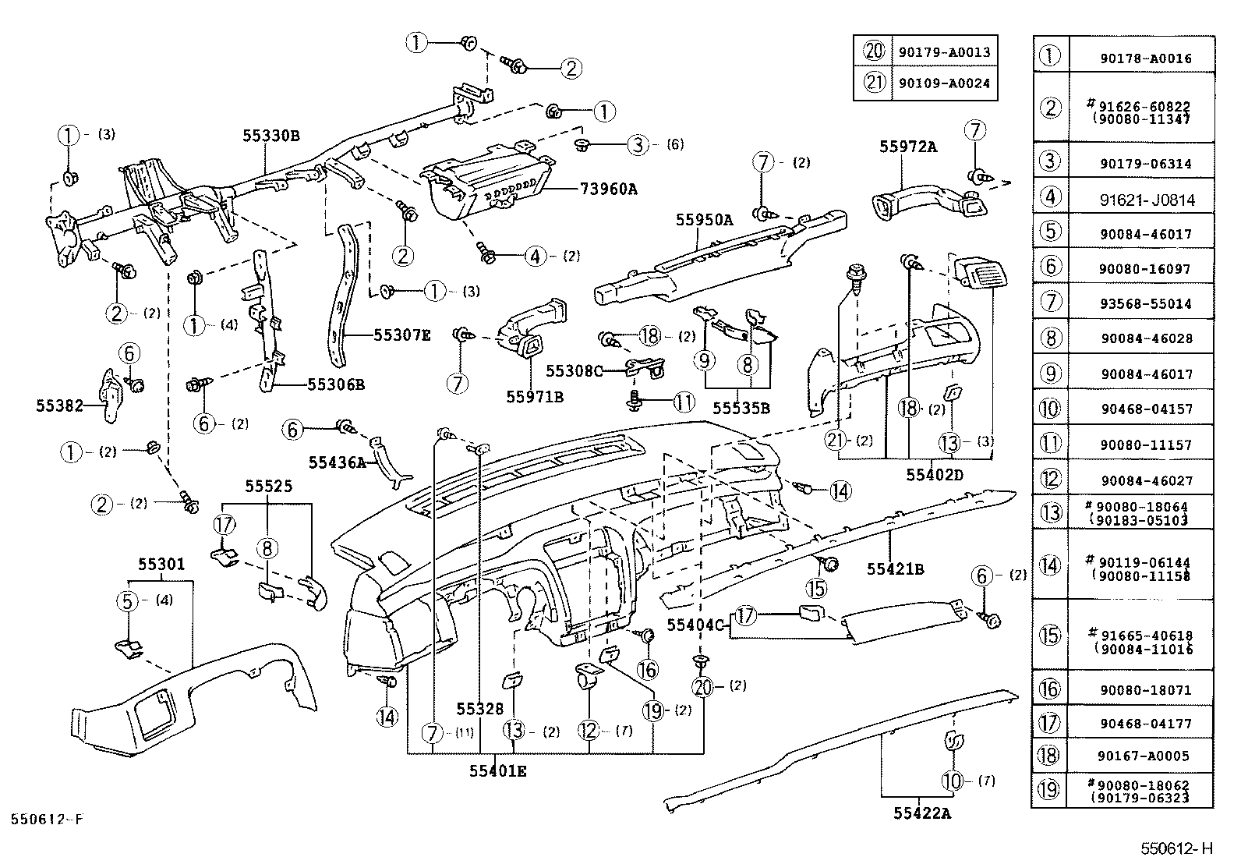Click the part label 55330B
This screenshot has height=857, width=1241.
[270, 136]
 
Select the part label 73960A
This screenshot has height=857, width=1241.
[608, 189]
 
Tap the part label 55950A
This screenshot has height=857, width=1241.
[704, 221]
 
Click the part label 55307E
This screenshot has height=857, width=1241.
[401, 335]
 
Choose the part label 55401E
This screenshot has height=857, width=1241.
[497, 771]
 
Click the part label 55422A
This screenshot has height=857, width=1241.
[922, 813]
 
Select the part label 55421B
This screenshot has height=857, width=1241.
[895, 570]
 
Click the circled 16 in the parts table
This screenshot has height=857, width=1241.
[1050, 688]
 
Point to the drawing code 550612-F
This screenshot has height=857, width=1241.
[46, 820]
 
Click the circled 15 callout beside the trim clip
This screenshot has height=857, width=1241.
[816, 587]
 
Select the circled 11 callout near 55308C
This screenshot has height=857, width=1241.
[683, 403]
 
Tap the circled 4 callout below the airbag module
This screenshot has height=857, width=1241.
[536, 256]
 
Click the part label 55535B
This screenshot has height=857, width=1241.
[741, 408]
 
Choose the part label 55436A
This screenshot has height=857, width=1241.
[337, 462]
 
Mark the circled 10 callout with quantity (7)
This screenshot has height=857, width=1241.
[953, 780]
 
